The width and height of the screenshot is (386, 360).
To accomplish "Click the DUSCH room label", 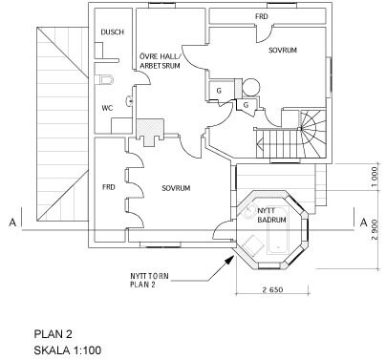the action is [112, 32].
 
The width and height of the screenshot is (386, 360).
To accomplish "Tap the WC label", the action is [107, 108].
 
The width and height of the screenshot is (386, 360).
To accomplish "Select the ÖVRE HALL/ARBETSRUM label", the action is [160, 61].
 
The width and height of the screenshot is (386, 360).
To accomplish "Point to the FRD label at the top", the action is [262, 16].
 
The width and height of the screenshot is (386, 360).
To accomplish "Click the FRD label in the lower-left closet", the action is [109, 187].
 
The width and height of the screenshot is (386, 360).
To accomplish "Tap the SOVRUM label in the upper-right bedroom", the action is [283, 51].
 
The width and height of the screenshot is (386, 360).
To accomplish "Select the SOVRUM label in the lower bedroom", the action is [176, 188].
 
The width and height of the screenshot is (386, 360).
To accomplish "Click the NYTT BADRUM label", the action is [271, 215].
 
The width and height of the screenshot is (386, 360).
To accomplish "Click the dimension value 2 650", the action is [272, 289].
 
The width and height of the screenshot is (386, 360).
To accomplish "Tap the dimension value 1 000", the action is [375, 176].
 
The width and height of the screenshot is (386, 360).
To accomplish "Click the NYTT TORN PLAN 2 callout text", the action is [149, 280].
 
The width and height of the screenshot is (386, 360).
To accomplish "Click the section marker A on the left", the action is [12, 222].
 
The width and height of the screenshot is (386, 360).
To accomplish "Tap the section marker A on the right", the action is [363, 222].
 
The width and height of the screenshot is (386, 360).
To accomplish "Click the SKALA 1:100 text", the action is [68, 350].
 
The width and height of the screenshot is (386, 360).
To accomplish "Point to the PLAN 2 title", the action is [54, 334].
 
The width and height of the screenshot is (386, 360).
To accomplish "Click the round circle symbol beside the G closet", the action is [251, 87].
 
